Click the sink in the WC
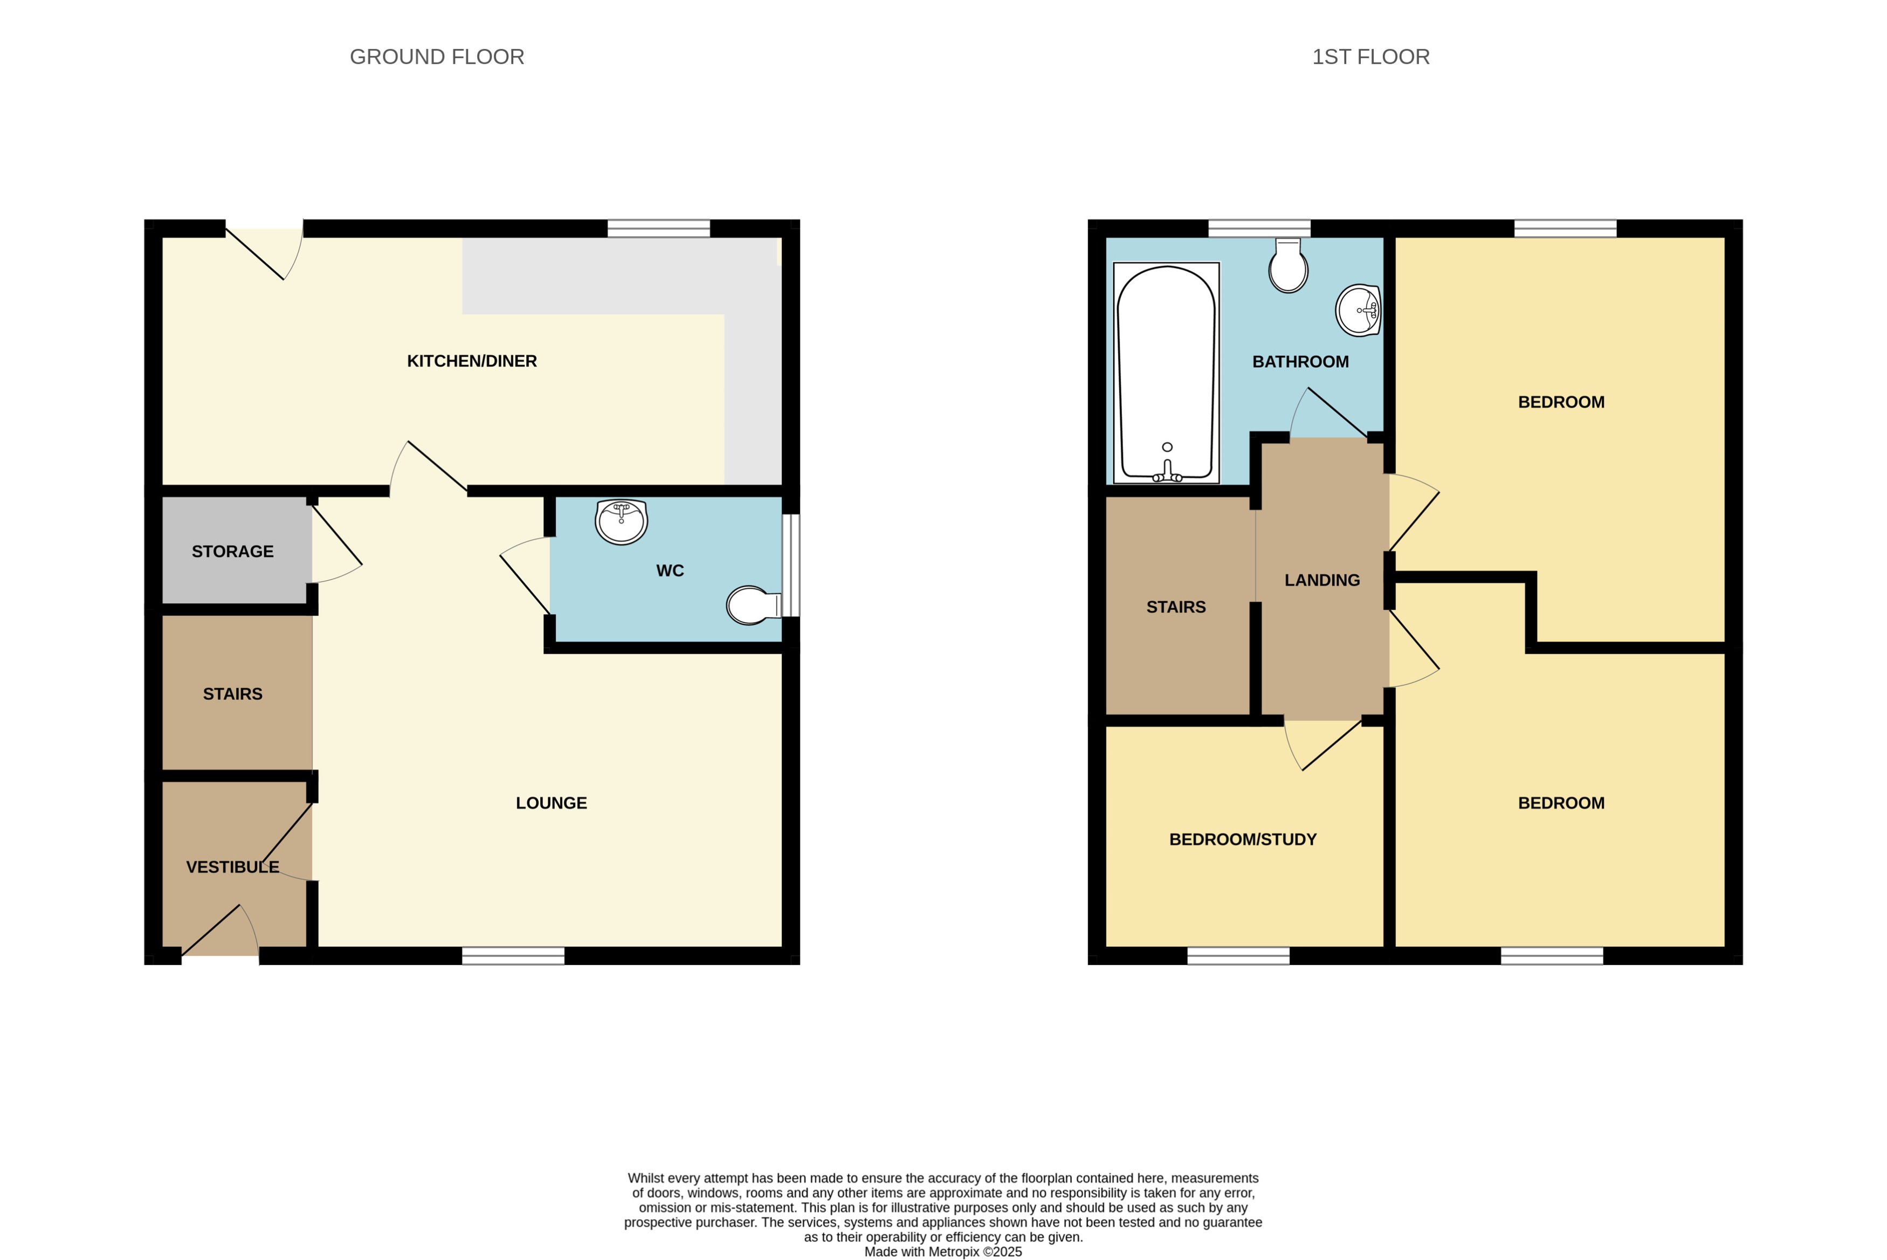(x=621, y=521)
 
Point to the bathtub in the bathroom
(x=1166, y=373)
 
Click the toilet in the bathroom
(x=1287, y=267)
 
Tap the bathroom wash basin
(x=1358, y=310)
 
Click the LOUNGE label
(x=551, y=803)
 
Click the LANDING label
(x=1321, y=580)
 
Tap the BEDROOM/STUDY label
(x=1242, y=840)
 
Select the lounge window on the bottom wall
(x=513, y=955)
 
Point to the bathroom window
(x=1259, y=228)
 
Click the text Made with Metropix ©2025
(x=942, y=1252)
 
